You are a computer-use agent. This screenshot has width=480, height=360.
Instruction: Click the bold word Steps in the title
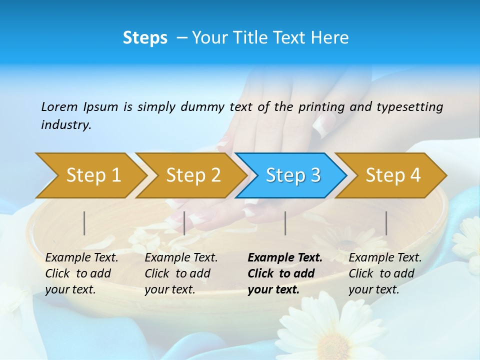click(145, 38)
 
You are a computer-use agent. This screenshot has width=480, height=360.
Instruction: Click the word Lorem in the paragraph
click(59, 106)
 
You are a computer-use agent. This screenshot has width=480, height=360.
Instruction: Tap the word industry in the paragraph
click(66, 124)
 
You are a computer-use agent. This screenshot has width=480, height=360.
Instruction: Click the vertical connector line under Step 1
click(84, 223)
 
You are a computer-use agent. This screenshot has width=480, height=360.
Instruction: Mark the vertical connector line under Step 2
click(184, 223)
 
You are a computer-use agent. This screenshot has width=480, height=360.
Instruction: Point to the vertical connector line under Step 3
click(285, 223)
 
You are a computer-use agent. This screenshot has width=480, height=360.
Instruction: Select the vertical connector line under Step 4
click(386, 223)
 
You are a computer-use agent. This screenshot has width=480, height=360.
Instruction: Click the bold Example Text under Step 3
click(285, 258)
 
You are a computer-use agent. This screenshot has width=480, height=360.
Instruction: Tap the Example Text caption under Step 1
click(81, 258)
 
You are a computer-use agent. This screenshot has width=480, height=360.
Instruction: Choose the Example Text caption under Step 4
click(385, 258)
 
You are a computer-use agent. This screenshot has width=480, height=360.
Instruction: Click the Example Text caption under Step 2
click(181, 258)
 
